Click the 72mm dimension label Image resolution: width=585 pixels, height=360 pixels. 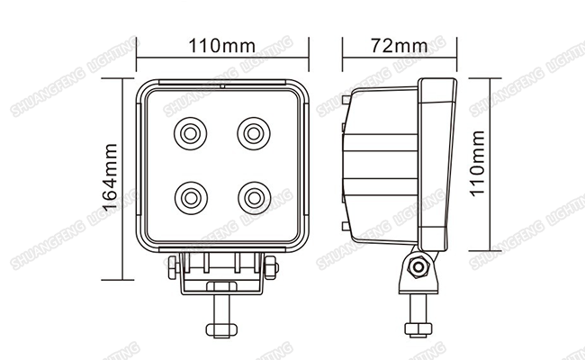point(399,46)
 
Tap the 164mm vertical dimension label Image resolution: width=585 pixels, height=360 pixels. point(110,177)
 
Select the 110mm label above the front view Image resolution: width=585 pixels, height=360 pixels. point(222,46)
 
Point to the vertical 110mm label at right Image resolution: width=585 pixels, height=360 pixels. point(477,164)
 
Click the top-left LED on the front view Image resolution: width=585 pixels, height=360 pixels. point(190,133)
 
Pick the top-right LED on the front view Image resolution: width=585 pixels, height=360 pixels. point(254,133)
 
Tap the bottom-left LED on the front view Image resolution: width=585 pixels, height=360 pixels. point(191,198)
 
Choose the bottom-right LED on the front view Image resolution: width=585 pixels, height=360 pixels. point(255,198)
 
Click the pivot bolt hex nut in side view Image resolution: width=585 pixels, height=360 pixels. point(418,266)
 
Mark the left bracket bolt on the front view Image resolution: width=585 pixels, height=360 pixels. point(173,267)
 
